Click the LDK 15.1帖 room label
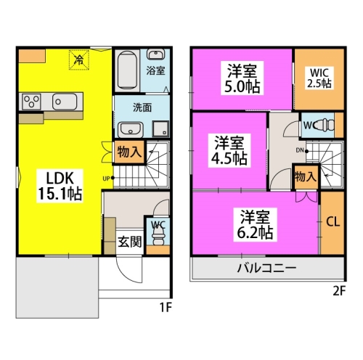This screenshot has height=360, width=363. coord(60,186)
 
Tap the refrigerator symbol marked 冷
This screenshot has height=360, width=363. coord(79,60)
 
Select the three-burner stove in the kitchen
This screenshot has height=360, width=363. coord(31,102)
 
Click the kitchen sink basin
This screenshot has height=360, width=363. coord(65,102)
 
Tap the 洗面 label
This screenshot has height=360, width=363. coord(142,107)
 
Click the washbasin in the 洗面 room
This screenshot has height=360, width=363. coord(131,130)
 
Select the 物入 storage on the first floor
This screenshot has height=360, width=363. coord(129,152)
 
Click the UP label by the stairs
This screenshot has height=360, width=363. coord(107,179)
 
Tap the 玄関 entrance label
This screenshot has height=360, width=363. coord(130,242)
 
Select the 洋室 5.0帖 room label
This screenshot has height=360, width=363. coord(242,79)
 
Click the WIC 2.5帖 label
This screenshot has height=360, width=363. coord(319,78)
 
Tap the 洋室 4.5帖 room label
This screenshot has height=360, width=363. coord(229,150)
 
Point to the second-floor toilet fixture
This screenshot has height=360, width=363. coord(326,126)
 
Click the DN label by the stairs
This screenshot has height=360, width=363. coord(300,150)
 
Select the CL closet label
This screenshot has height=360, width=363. coord(333,221)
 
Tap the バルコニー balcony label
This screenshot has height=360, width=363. coord(266,268)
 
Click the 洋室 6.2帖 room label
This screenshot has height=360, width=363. coord(255,224)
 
